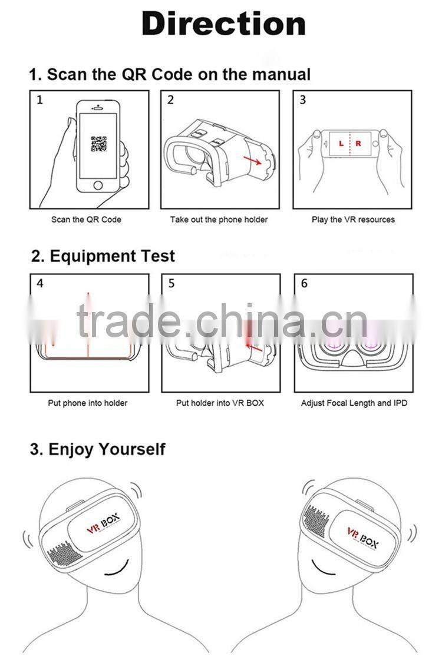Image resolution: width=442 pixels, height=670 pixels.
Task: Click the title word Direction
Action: pyautogui.click(x=223, y=25)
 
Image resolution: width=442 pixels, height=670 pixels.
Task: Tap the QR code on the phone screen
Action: pyautogui.click(x=98, y=144)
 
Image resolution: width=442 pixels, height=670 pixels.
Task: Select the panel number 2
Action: pyautogui.click(x=171, y=100)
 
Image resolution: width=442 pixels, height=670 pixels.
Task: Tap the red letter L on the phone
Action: pyautogui.click(x=340, y=143)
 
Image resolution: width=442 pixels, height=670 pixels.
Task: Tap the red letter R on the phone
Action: pyautogui.click(x=358, y=143)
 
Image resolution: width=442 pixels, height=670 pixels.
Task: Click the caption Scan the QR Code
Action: pyautogui.click(x=86, y=220)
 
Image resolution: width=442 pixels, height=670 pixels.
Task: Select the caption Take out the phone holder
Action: pyautogui.click(x=219, y=220)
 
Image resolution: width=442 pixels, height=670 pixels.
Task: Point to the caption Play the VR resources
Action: pyautogui.click(x=353, y=220)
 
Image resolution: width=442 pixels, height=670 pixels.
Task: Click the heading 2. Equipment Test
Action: pyautogui.click(x=103, y=257)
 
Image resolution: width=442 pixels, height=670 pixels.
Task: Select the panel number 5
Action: pyautogui.click(x=171, y=284)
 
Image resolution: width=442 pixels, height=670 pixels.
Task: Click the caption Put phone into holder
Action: pyautogui.click(x=87, y=403)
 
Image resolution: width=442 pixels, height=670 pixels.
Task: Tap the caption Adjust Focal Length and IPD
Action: pyautogui.click(x=354, y=403)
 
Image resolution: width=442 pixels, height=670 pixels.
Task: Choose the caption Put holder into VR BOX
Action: pyautogui.click(x=220, y=403)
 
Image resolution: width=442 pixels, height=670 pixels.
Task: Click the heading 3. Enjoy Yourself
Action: pyautogui.click(x=97, y=449)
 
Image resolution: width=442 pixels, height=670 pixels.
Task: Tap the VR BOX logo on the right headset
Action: pyautogui.click(x=361, y=536)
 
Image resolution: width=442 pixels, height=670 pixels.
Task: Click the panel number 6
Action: pyautogui.click(x=304, y=284)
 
